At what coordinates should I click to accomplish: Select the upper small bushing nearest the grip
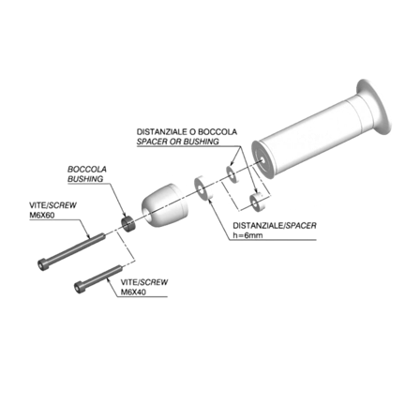pyautogui.click(x=233, y=172)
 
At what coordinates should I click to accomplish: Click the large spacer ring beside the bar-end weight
pyautogui.click(x=202, y=186)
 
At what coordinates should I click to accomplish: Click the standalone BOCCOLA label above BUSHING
pyautogui.click(x=87, y=169)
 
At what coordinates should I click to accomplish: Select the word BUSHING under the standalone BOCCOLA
pyautogui.click(x=86, y=177)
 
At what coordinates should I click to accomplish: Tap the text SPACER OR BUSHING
pyautogui.click(x=177, y=142)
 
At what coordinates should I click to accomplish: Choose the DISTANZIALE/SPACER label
pyautogui.click(x=262, y=226)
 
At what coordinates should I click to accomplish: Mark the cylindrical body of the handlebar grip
pyautogui.click(x=309, y=136)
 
